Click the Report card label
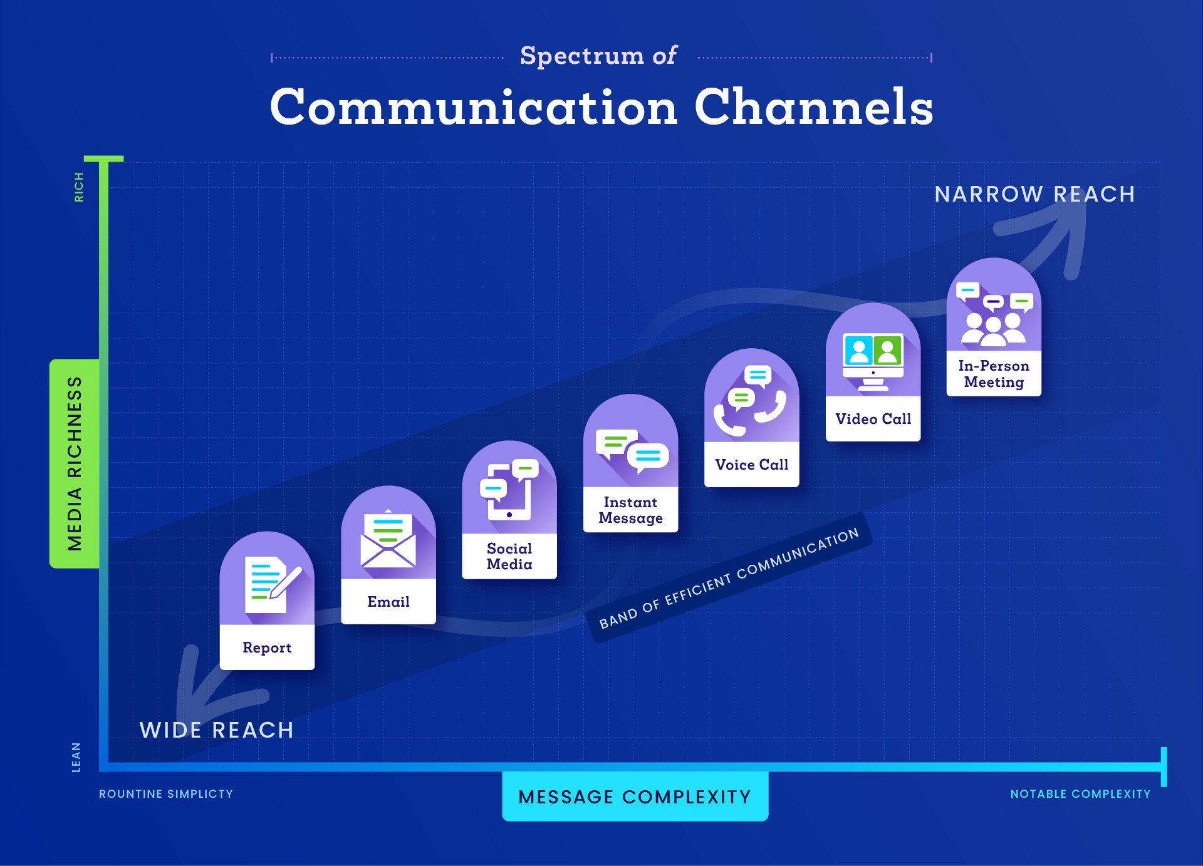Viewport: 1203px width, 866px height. [267, 647]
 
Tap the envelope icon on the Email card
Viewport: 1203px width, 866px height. [388, 540]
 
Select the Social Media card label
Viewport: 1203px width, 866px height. [509, 556]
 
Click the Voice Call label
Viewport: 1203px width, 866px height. [751, 465]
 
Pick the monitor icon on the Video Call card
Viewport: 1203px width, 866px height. [873, 361]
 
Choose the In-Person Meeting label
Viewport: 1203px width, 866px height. [994, 374]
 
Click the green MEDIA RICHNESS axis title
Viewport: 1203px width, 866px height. [75, 463]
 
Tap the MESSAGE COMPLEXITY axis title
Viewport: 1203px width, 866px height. [635, 796]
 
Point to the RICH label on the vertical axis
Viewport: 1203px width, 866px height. [79, 187]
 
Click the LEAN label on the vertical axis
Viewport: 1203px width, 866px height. [76, 757]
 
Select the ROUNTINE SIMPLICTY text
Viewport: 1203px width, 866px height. [166, 794]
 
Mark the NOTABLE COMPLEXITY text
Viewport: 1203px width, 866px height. [1080, 794]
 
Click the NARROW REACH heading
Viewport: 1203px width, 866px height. [1034, 194]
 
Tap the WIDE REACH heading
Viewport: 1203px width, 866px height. [217, 730]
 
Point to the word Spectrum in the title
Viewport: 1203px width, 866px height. [581, 56]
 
